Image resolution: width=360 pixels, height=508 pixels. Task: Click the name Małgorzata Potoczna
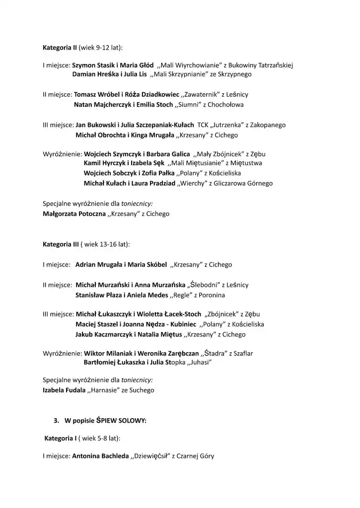74,214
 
